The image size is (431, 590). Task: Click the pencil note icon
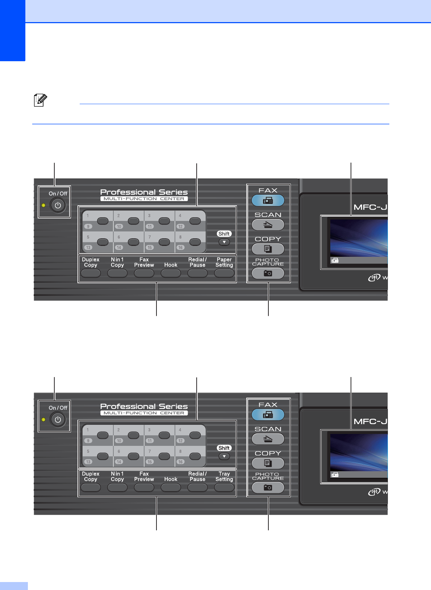[40, 100]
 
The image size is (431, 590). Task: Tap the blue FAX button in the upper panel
[268, 200]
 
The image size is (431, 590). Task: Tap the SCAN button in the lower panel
[268, 439]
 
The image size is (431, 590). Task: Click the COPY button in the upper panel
[268, 249]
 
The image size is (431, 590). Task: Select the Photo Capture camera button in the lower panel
[268, 488]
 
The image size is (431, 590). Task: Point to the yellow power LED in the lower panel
[43, 419]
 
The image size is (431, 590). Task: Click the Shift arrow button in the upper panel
[224, 242]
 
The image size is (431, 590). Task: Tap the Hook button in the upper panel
[171, 273]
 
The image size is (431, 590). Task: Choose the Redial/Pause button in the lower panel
[197, 487]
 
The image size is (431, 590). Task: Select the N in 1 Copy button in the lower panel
[117, 487]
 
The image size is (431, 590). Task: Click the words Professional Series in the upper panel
[144, 192]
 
